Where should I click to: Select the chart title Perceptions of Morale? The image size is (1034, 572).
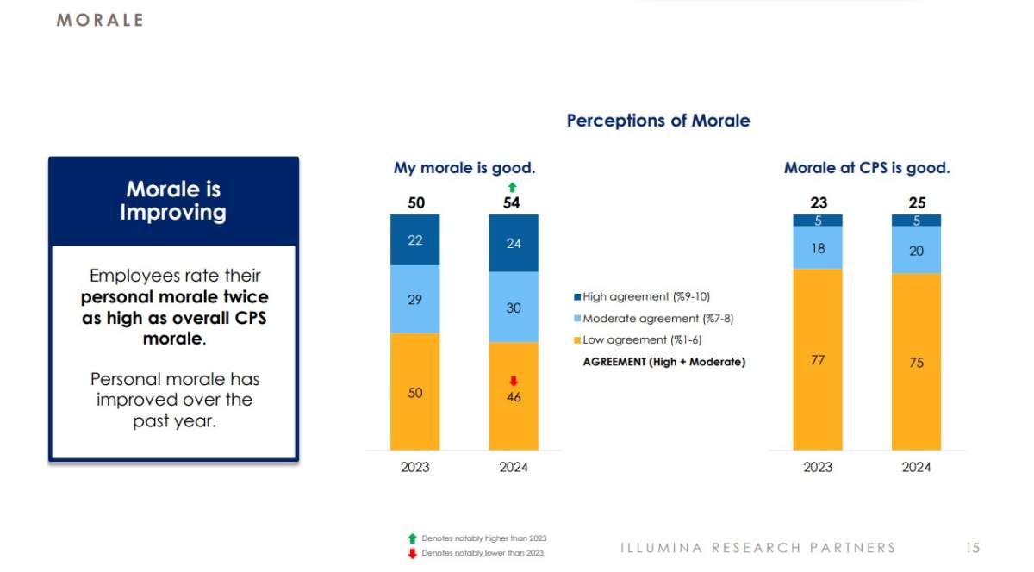tap(657, 121)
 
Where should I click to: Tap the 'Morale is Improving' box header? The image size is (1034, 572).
tap(173, 201)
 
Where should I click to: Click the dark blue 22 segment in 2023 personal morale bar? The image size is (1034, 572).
tap(414, 239)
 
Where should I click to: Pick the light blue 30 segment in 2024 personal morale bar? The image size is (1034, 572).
tap(514, 307)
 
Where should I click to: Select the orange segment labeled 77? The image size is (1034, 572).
tap(818, 359)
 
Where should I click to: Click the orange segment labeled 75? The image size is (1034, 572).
tap(916, 362)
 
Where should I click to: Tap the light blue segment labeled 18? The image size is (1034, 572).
tap(818, 248)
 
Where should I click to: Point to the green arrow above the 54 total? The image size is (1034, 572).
tap(513, 187)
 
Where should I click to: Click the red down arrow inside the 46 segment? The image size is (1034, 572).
tap(514, 381)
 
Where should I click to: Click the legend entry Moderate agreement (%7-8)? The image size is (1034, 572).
tap(652, 319)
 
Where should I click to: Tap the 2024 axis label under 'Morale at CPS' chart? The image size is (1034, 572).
tap(916, 467)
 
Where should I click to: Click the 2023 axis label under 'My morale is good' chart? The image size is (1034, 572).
tap(414, 467)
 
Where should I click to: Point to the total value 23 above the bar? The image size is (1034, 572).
tap(818, 203)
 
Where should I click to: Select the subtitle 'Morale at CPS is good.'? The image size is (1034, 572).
tap(866, 168)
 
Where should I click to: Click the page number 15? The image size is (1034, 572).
tap(972, 548)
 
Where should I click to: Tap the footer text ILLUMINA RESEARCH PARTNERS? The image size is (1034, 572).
tap(757, 548)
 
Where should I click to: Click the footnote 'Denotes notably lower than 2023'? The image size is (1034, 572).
tap(482, 553)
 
